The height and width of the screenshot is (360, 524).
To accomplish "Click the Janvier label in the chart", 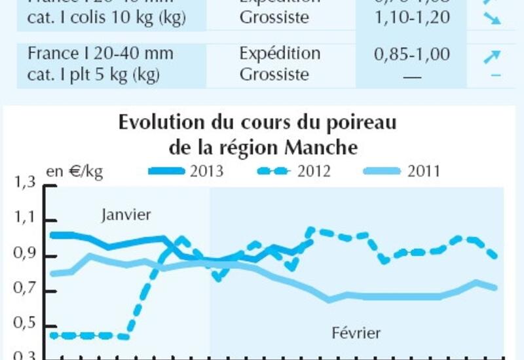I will click(x=126, y=215).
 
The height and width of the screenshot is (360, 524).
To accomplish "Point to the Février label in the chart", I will click(x=356, y=333).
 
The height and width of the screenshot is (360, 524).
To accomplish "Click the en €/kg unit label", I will click(x=74, y=171).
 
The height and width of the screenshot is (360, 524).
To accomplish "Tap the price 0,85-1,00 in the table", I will click(x=411, y=54).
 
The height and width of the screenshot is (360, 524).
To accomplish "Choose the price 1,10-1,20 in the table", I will click(x=411, y=17).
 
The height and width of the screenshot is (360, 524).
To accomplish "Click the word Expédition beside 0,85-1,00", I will click(x=280, y=53).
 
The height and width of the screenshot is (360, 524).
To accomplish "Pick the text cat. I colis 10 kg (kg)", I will click(x=106, y=18).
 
